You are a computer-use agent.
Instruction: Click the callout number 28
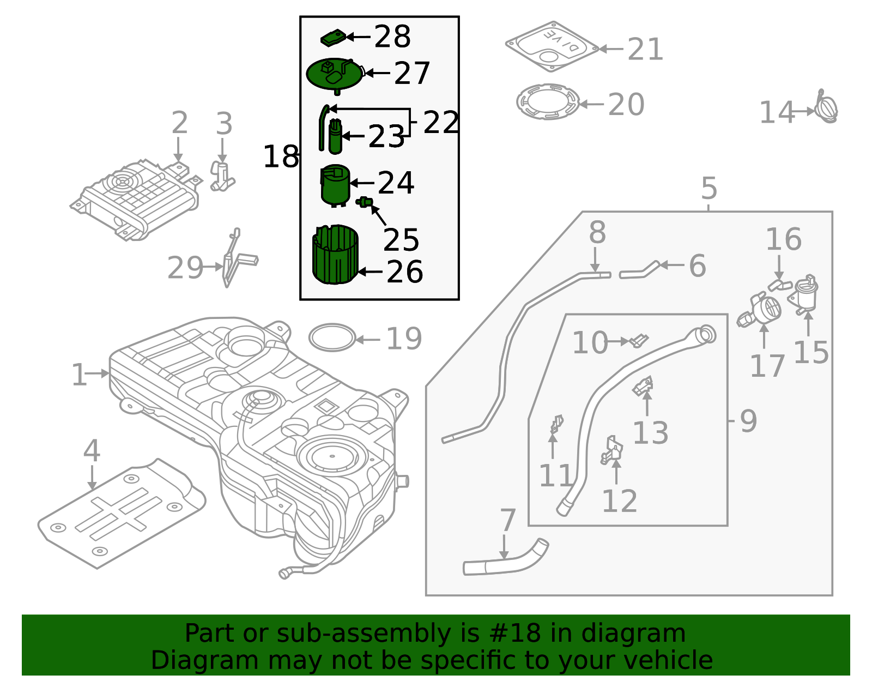click(392, 37)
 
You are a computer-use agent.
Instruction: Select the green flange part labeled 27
click(334, 75)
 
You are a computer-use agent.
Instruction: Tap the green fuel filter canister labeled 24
click(335, 185)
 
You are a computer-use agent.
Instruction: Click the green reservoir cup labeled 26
click(335, 255)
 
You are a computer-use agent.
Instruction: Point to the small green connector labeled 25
click(365, 202)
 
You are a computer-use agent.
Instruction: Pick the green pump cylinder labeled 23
click(335, 139)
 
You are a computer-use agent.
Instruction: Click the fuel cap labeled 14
click(827, 107)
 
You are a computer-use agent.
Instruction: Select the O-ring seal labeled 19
click(332, 338)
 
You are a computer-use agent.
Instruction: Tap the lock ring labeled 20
click(548, 101)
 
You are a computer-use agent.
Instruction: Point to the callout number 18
click(280, 157)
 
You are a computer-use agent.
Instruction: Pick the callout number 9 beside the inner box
click(748, 421)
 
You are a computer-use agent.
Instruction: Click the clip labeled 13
click(643, 387)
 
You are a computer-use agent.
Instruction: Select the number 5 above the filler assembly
click(708, 189)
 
